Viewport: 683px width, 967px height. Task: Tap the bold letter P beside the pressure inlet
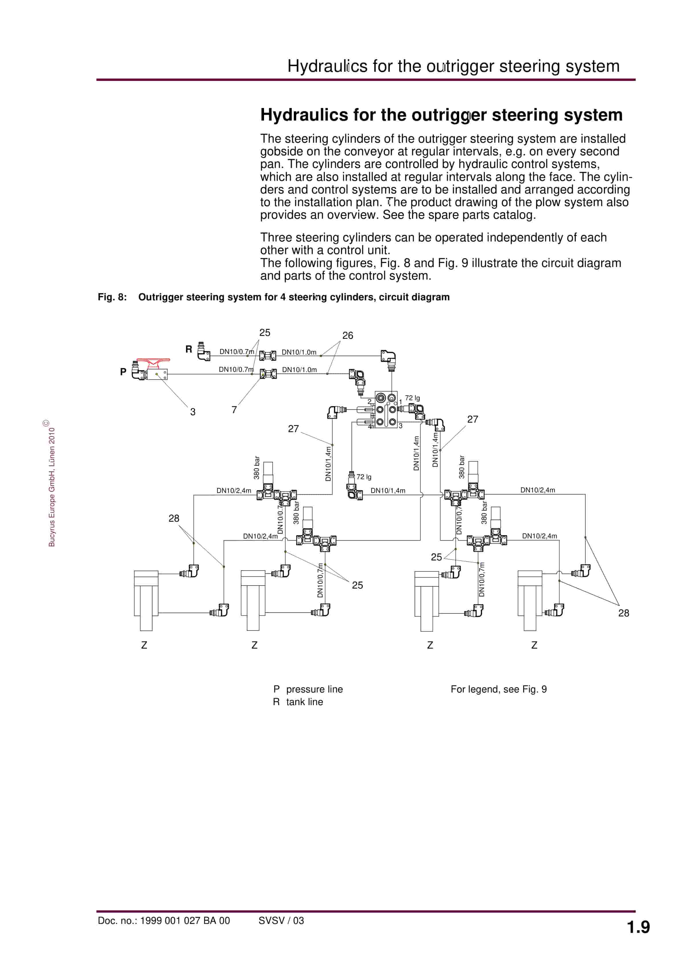pos(123,372)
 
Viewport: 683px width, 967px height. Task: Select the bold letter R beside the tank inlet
pos(189,349)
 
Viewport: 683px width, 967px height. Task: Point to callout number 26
pos(348,336)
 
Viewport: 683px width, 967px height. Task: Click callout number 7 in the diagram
pos(234,410)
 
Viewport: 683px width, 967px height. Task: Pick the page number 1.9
pos(638,927)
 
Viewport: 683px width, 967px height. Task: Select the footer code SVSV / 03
pos(281,921)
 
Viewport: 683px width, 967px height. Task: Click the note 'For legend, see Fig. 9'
pos(498,689)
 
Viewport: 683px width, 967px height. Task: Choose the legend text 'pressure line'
pos(314,689)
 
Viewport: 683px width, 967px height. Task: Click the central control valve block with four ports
pos(386,409)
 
